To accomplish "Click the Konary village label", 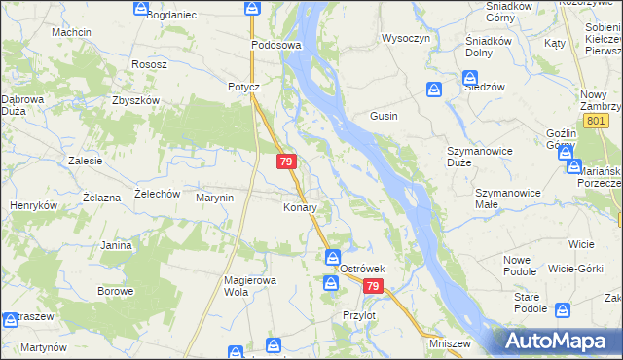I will [299, 207].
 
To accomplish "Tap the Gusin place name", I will [383, 116].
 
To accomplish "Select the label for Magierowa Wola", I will [251, 286].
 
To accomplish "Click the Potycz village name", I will [243, 87].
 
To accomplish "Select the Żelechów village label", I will [158, 194].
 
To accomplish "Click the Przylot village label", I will [359, 315].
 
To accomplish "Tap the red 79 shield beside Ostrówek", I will [374, 286].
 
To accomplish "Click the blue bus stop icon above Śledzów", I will [435, 90].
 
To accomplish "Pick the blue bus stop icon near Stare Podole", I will [562, 310].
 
